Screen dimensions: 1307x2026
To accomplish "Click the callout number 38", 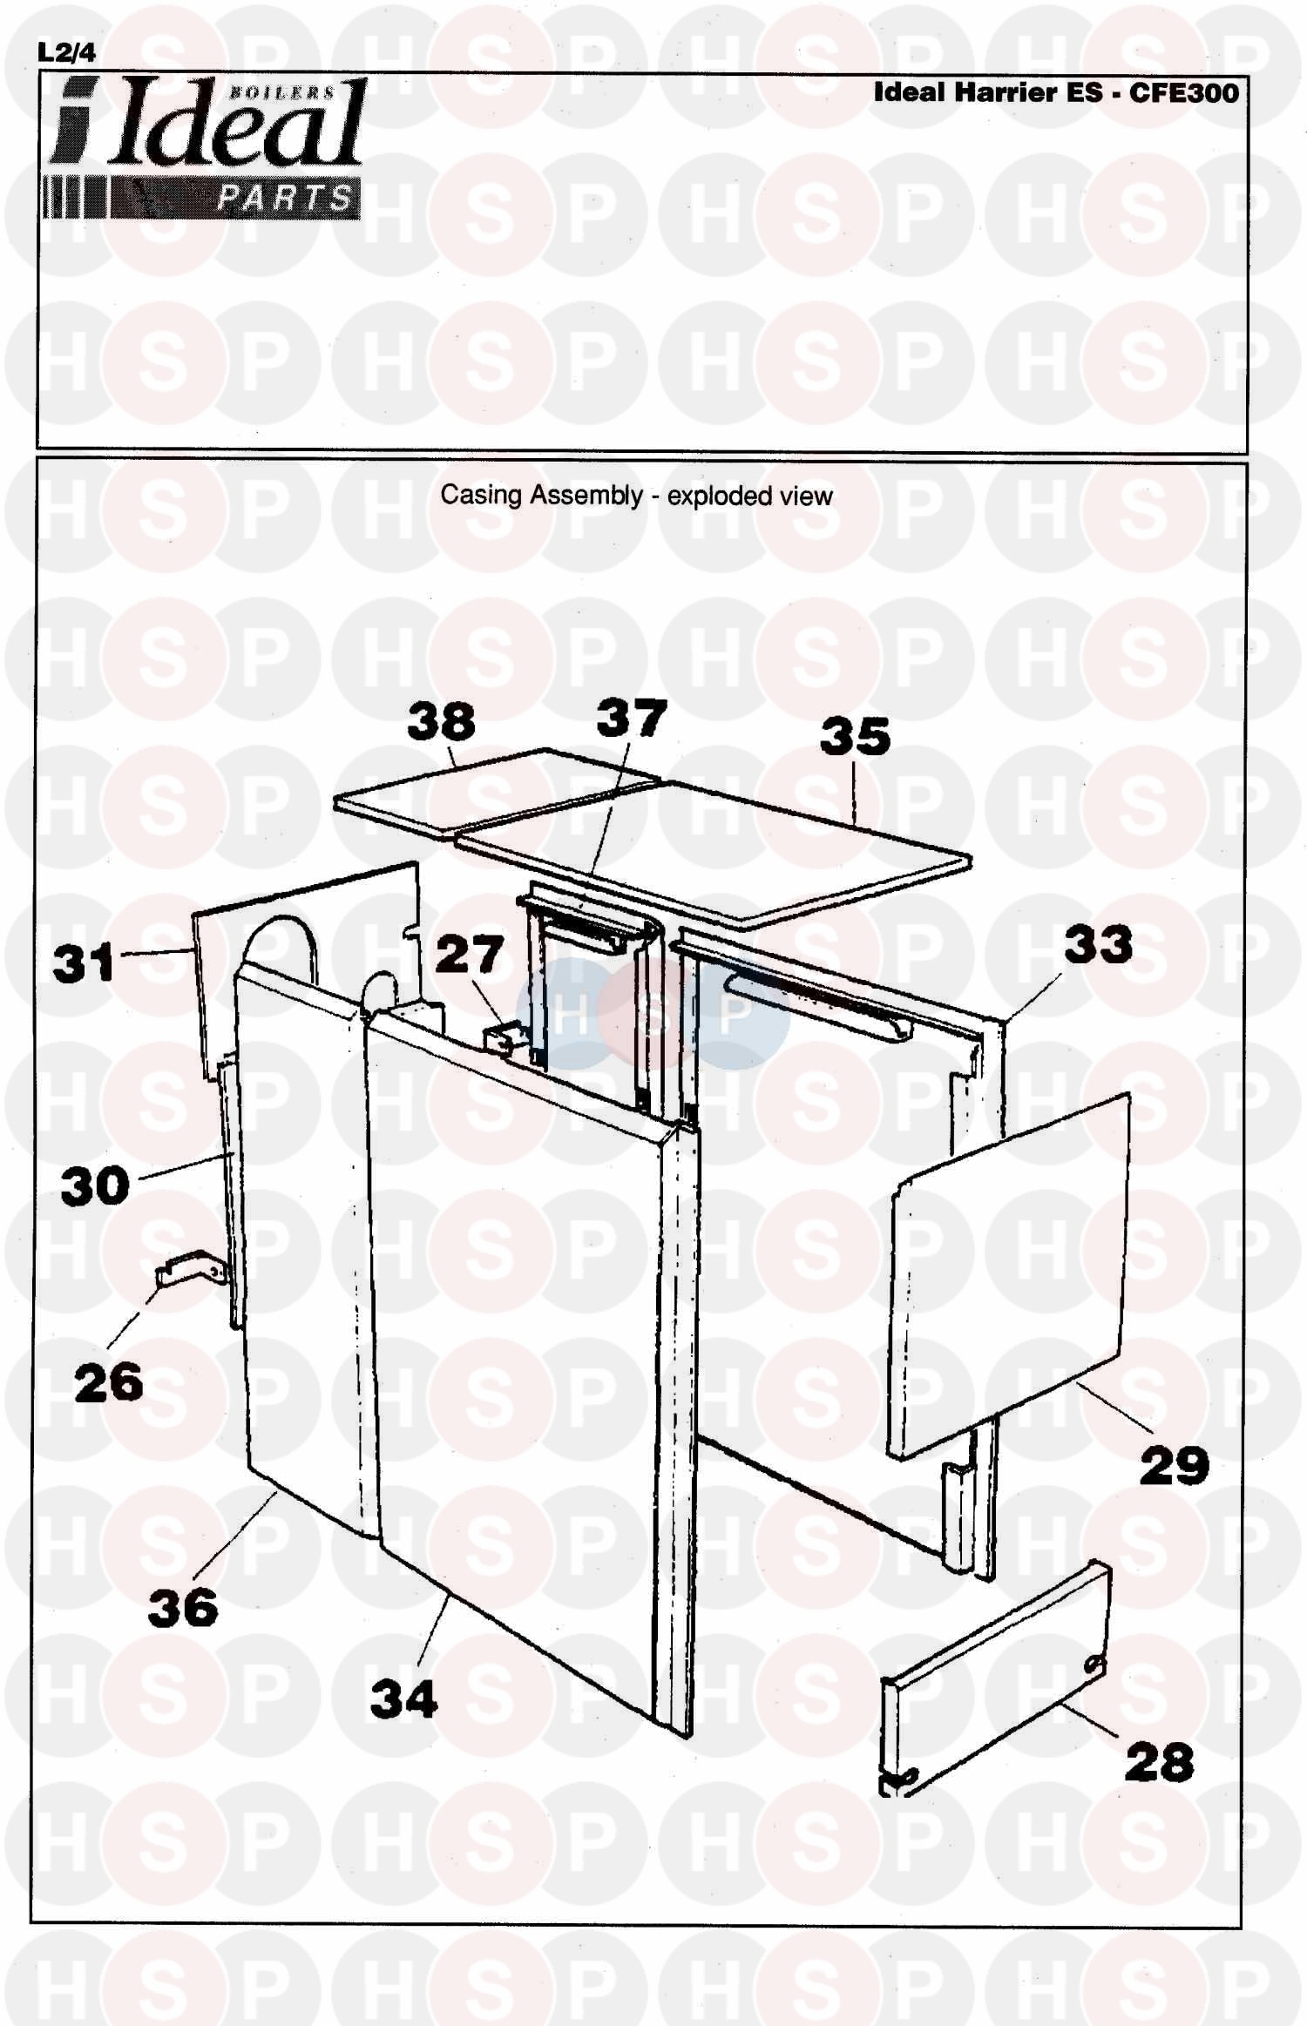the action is (441, 722).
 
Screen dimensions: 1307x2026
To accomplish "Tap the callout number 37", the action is (632, 719).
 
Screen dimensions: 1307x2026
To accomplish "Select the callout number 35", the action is (856, 736).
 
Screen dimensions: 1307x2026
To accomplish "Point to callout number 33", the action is (1098, 944).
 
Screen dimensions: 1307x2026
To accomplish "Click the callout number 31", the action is (84, 963).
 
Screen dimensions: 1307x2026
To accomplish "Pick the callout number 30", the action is (95, 1186).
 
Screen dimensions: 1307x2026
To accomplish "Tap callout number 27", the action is (470, 954).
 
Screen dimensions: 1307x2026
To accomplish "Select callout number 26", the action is (108, 1383).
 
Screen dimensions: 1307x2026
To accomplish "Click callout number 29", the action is (1175, 1466).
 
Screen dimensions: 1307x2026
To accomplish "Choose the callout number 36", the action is (183, 1608).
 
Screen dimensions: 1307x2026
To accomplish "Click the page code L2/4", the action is (67, 52).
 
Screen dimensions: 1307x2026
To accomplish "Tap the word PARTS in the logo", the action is (285, 199).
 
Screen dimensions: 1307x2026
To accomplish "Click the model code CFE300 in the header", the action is (1184, 92).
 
